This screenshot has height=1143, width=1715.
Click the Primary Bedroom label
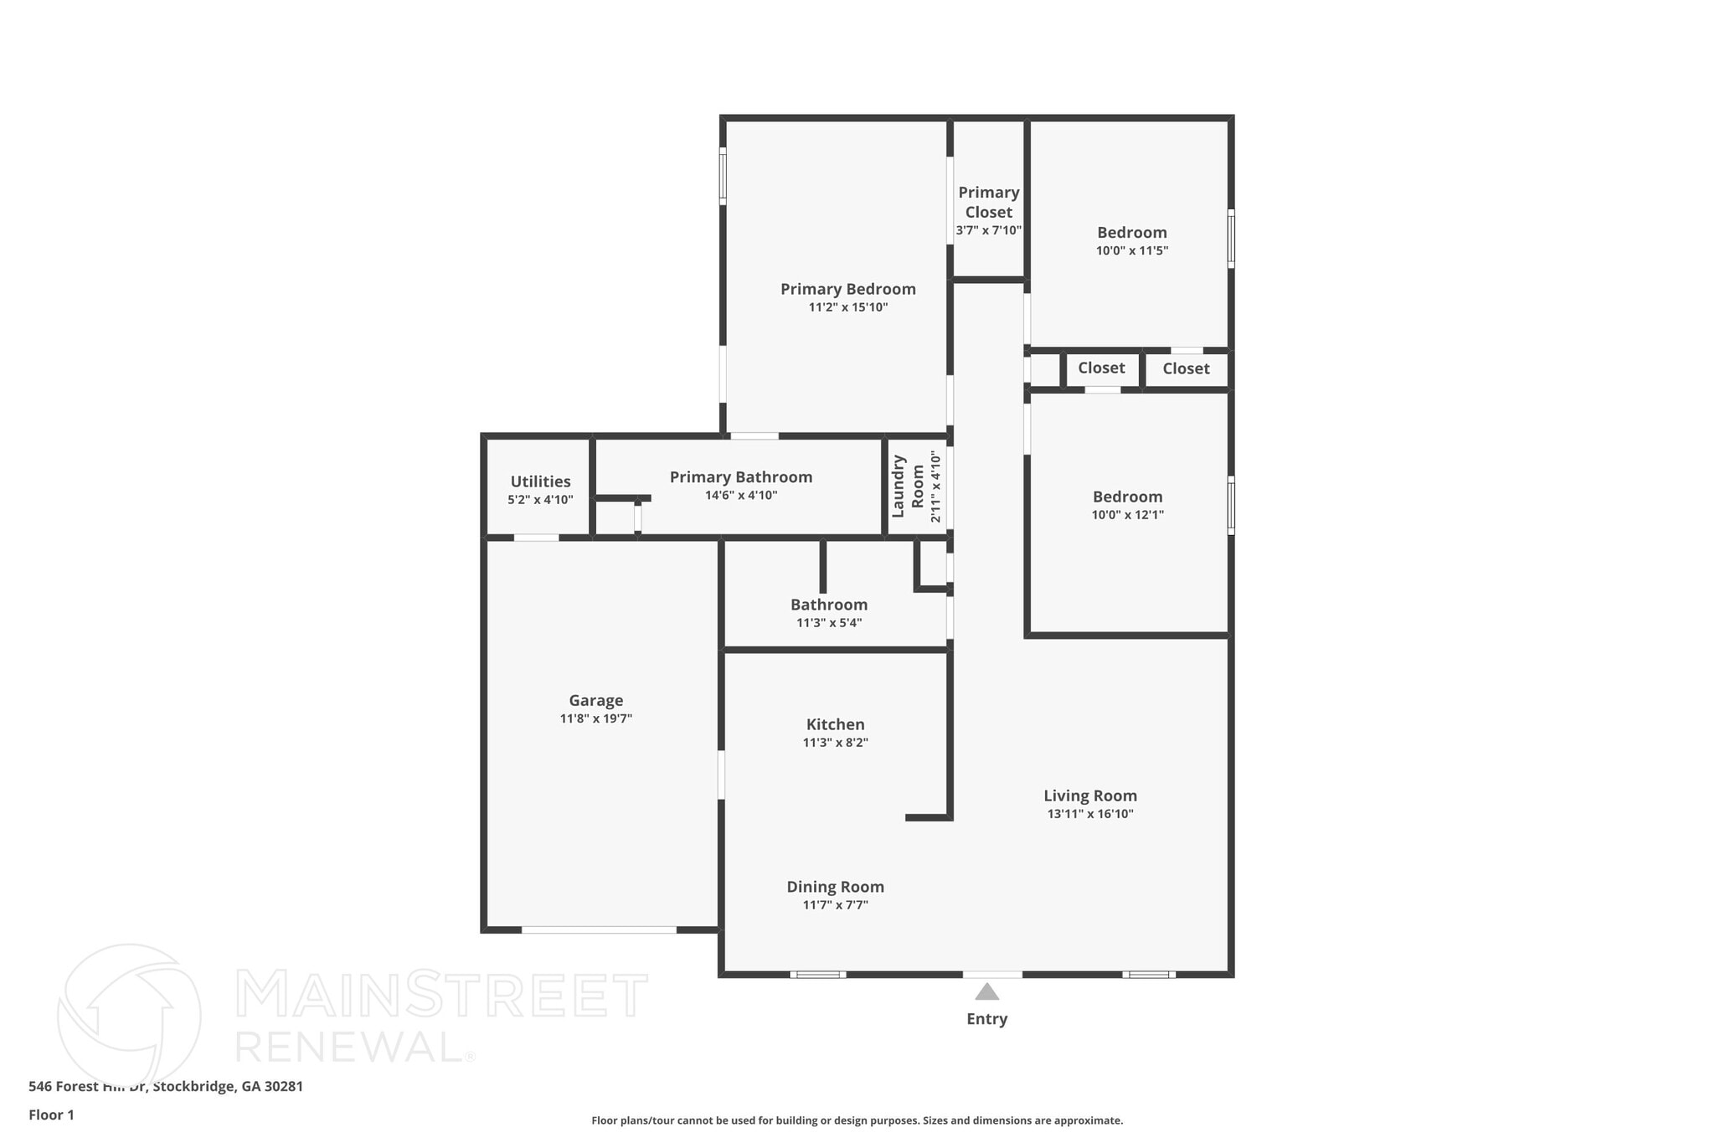click(x=847, y=289)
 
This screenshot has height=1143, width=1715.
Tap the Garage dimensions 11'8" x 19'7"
click(x=595, y=718)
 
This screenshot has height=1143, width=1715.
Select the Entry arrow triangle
click(x=986, y=992)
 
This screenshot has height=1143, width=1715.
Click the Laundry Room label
click(x=908, y=486)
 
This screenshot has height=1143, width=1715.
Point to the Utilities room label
click(x=540, y=481)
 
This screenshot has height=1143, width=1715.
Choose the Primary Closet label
click(x=988, y=202)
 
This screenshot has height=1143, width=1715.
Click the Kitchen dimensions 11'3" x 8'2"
click(x=835, y=743)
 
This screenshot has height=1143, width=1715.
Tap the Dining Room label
click(x=835, y=887)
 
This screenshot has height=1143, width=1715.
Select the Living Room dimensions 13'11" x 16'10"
click(x=1089, y=814)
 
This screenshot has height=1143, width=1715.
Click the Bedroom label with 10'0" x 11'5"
click(x=1131, y=233)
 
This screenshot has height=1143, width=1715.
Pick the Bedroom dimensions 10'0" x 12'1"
click(x=1127, y=515)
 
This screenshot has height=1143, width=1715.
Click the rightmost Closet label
click(x=1185, y=368)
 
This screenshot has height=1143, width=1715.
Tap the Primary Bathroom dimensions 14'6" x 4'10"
click(x=740, y=496)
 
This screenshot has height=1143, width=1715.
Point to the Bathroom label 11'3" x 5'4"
click(x=828, y=605)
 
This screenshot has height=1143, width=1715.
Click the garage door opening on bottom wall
click(x=599, y=929)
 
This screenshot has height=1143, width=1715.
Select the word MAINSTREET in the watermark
click(x=441, y=995)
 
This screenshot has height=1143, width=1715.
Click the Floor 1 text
click(x=51, y=1115)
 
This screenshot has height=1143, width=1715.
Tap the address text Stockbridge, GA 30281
click(x=228, y=1086)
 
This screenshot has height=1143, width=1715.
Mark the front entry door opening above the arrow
click(x=991, y=975)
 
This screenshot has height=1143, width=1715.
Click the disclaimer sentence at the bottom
click(x=857, y=1120)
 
